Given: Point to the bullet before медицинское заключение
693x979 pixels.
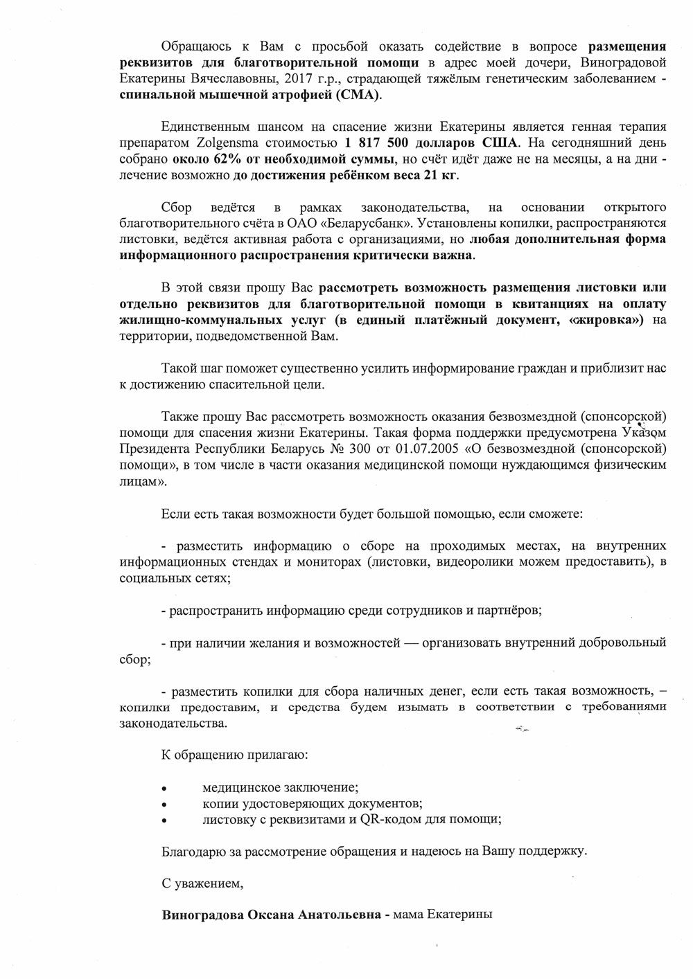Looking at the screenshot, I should tap(164, 788).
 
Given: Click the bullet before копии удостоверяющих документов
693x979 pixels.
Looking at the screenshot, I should tap(164, 804).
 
